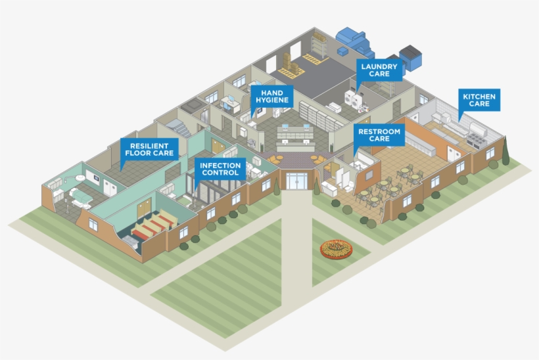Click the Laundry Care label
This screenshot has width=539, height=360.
tap(379, 70)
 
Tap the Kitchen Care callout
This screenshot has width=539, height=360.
tap(479, 100)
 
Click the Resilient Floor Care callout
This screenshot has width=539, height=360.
tap(149, 149)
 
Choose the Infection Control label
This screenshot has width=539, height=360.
tap(220, 169)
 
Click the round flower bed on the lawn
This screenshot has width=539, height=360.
tap(336, 249)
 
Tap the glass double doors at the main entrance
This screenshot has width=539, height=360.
tap(296, 181)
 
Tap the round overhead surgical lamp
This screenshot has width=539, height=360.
tap(80, 176)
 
